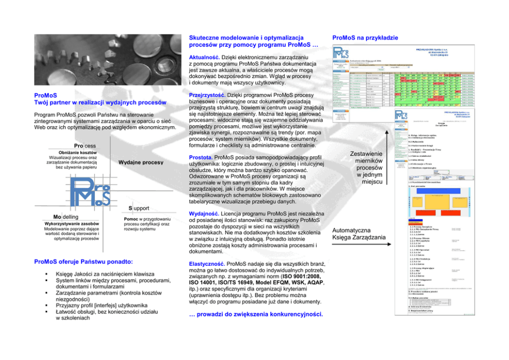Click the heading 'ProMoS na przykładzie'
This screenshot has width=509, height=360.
pos(365,38)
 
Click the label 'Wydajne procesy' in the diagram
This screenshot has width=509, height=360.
pos(141,163)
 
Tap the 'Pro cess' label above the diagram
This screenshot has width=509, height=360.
pos(84,146)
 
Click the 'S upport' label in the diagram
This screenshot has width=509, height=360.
pos(139,208)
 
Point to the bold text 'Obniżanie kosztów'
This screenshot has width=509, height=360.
pos(75,153)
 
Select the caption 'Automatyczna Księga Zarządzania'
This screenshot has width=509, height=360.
pos(359,233)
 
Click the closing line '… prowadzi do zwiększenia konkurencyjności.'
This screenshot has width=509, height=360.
pos(256,315)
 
